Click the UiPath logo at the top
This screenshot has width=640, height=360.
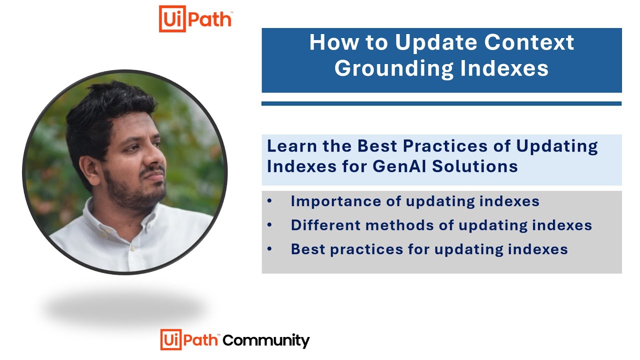point(195,19)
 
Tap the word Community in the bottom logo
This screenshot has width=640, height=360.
point(266,340)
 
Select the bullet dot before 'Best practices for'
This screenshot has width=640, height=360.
point(270,249)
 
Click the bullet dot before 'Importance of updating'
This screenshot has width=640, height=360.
point(270,201)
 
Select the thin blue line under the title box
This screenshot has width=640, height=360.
point(441,103)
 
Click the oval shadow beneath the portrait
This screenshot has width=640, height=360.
point(125,307)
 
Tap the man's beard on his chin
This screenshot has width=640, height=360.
point(145,197)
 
